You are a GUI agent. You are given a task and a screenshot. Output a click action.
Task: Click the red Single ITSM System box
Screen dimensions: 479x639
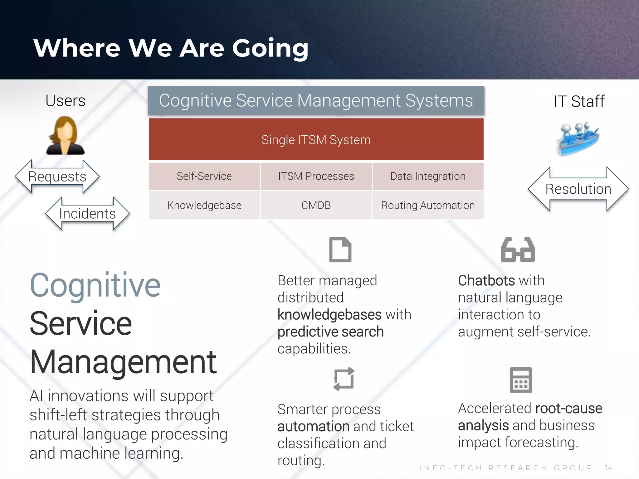(x=316, y=139)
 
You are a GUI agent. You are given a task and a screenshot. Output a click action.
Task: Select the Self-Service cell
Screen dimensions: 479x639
(x=204, y=176)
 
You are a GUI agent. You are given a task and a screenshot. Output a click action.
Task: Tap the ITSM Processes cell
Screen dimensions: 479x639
(x=316, y=176)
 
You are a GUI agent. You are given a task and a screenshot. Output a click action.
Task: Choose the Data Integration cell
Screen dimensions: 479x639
(x=428, y=176)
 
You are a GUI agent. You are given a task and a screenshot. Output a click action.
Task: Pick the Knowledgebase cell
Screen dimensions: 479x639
(x=204, y=205)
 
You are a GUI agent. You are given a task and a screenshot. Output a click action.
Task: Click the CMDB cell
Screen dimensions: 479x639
(x=316, y=205)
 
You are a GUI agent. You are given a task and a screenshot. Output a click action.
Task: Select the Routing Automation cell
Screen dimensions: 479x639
(x=428, y=205)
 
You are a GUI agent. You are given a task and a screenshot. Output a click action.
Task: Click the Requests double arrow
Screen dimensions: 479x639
(x=57, y=177)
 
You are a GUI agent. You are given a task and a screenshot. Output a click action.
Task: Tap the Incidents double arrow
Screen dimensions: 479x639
(x=87, y=214)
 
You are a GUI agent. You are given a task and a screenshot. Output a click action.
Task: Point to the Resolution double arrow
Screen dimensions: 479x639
(x=578, y=189)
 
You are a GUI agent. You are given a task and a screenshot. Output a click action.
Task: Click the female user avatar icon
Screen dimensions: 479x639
(x=65, y=135)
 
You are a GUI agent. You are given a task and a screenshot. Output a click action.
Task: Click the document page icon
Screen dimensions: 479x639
(x=340, y=250)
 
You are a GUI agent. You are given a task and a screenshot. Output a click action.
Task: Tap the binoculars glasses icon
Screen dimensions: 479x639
(x=518, y=250)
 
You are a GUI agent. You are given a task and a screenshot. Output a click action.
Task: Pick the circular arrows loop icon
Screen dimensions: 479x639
(x=344, y=379)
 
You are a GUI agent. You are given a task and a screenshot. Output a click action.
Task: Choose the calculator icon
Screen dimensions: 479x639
(x=520, y=380)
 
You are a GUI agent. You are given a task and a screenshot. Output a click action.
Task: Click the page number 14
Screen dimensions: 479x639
(x=608, y=468)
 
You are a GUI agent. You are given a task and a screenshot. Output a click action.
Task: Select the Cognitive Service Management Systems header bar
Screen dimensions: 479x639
(x=316, y=100)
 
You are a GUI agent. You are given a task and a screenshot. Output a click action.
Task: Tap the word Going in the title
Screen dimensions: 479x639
(x=270, y=48)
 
